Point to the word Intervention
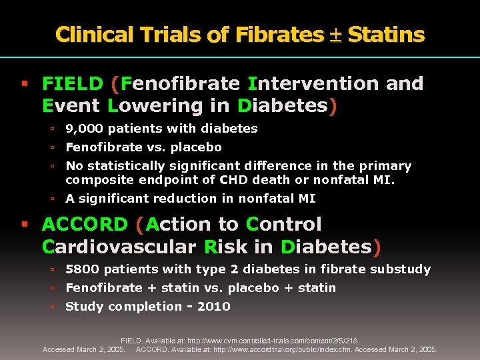point(303,83)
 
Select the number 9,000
point(84,128)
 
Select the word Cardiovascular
point(119,247)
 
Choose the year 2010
point(213,307)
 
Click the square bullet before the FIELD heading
point(24,84)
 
